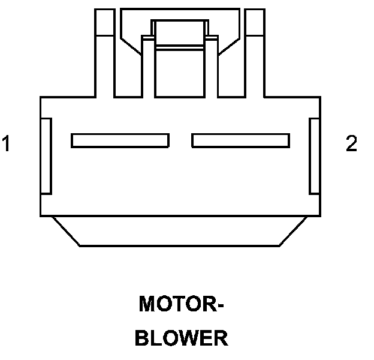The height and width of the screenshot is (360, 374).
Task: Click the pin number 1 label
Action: click(7, 144)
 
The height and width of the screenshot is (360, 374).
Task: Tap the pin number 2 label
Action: click(351, 144)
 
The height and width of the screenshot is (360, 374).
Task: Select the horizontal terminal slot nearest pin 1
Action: click(120, 140)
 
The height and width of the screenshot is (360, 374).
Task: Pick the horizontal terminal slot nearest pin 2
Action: click(240, 140)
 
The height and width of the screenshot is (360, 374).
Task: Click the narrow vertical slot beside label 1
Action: click(46, 156)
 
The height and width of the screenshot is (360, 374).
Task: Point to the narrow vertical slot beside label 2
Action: click(314, 156)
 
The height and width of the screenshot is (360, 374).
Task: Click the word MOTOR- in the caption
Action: click(181, 304)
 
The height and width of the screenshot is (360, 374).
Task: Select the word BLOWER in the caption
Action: click(181, 338)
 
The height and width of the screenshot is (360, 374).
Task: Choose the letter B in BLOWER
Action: click(141, 338)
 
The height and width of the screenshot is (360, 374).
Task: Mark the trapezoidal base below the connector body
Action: click(180, 231)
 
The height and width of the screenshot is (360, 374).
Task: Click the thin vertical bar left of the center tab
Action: click(147, 66)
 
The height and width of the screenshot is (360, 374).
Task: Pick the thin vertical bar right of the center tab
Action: click(212, 66)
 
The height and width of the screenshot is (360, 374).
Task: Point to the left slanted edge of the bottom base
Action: click(66, 231)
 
